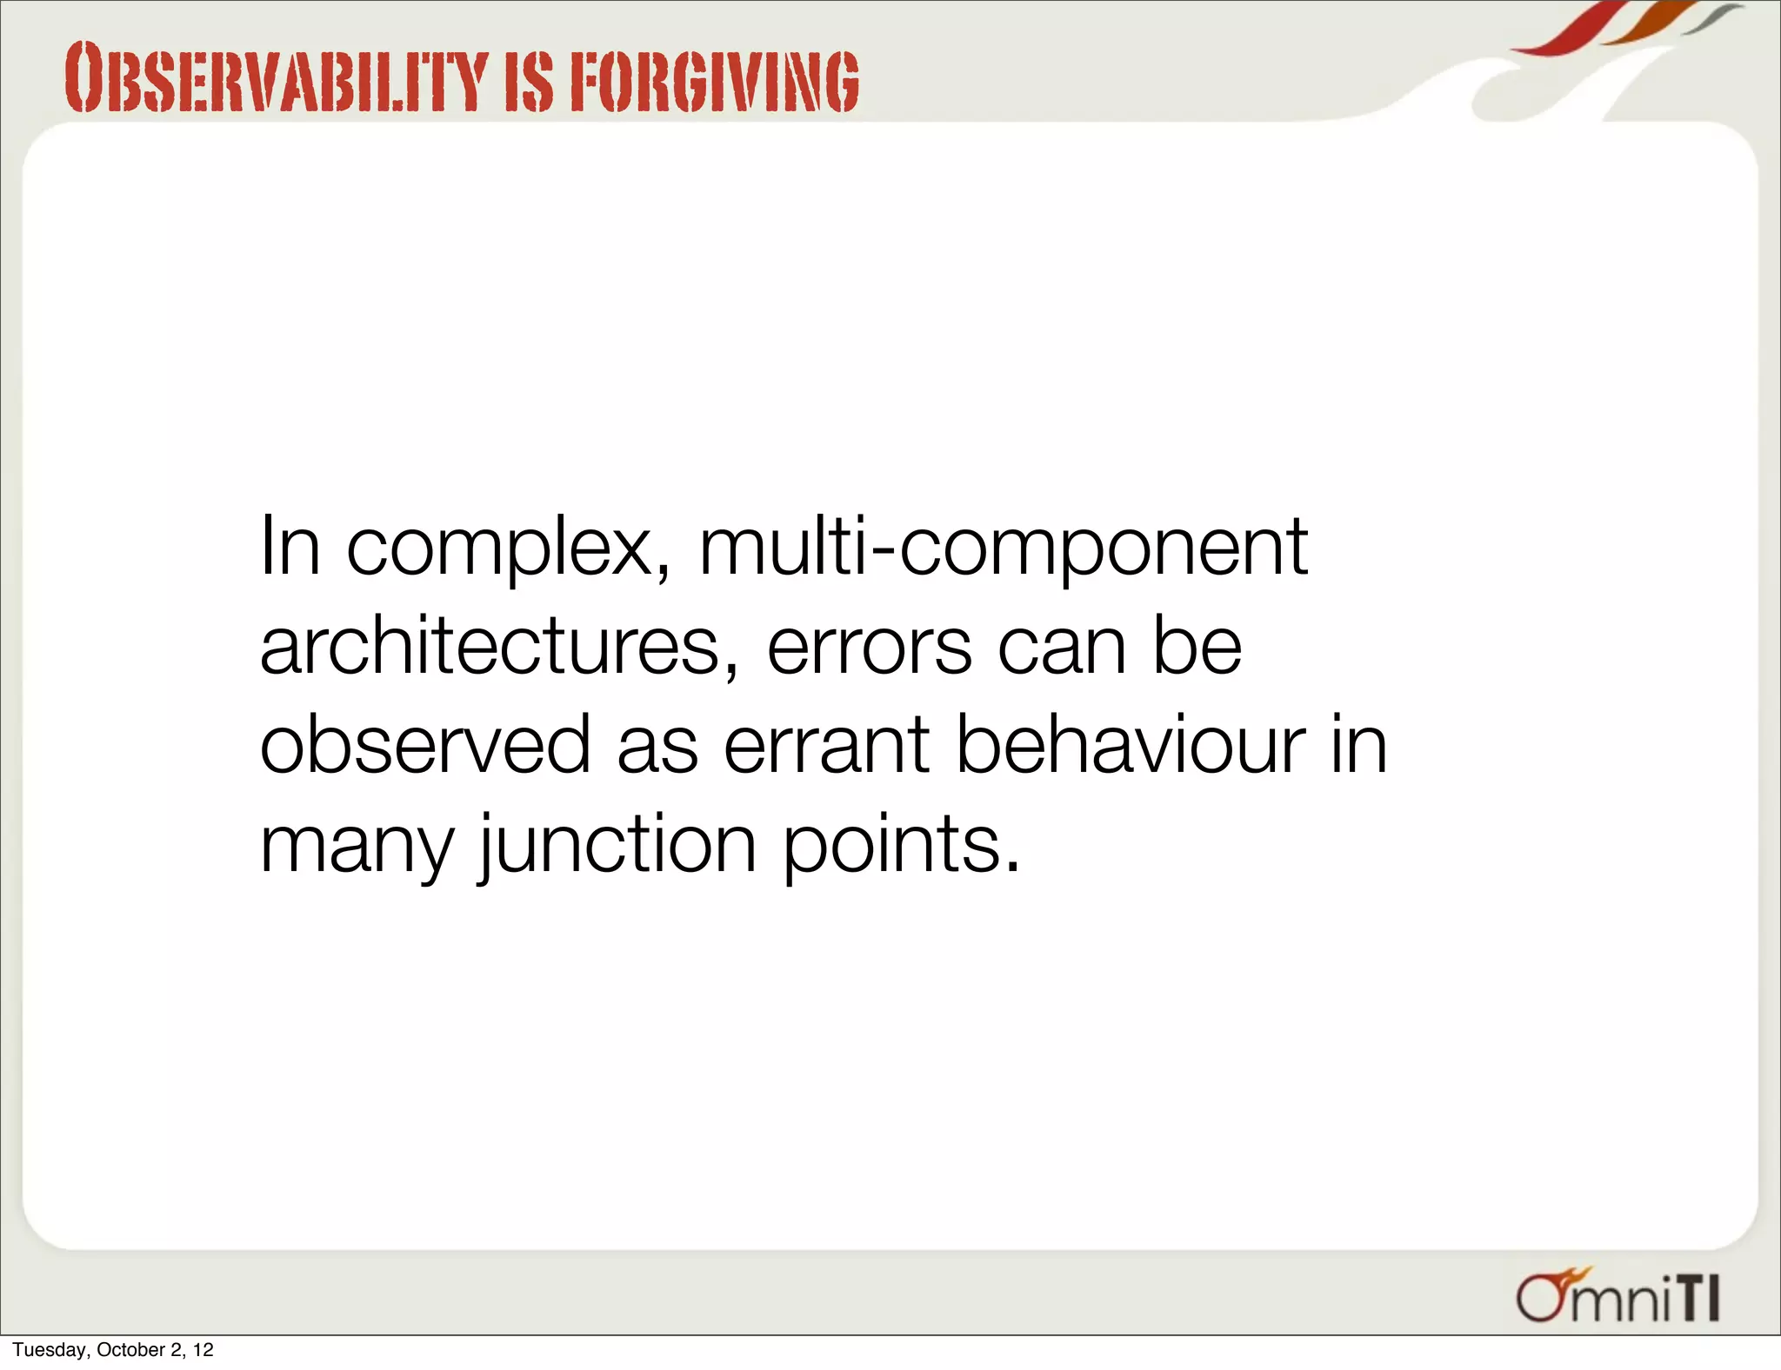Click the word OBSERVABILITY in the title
pos(274,80)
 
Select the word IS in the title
pos(528,82)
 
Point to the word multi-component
pos(1003,548)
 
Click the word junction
pos(617,846)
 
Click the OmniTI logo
pos(1618,1298)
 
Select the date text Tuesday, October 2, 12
pos(113,1350)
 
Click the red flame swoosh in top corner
pos(1565,30)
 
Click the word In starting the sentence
pos(290,548)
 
